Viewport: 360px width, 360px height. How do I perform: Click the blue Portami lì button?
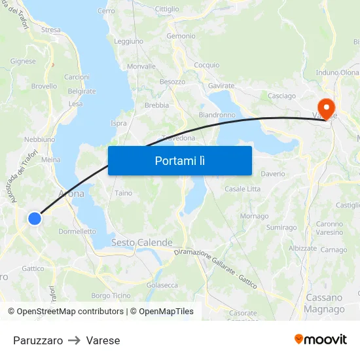click(179, 160)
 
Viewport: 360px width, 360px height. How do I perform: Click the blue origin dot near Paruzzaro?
click(35, 219)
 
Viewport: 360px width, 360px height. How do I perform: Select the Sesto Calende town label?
click(141, 243)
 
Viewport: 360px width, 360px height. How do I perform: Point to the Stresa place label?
click(50, 30)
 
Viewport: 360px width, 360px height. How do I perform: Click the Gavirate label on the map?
click(221, 86)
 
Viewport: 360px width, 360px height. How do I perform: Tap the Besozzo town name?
click(173, 82)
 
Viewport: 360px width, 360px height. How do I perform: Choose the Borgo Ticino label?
click(111, 296)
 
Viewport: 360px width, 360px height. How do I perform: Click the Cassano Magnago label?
click(325, 303)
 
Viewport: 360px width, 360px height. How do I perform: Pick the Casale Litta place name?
click(242, 189)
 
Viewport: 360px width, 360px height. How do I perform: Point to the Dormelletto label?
click(77, 231)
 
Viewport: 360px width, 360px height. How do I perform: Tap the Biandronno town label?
click(217, 115)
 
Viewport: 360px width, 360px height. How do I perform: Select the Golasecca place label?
click(162, 285)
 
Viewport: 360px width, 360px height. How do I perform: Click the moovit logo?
click(321, 340)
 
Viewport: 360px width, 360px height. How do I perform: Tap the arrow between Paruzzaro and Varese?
click(74, 340)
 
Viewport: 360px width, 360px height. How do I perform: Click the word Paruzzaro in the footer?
click(38, 340)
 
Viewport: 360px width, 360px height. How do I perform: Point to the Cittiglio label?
click(167, 9)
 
